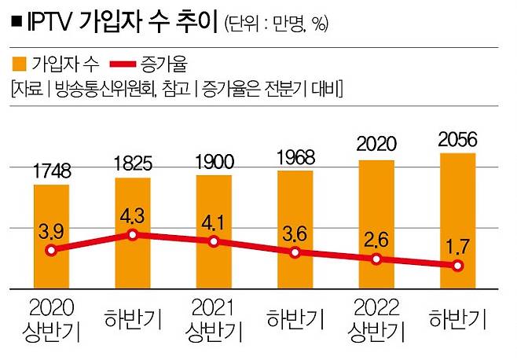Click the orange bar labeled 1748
[51, 236]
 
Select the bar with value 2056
[460, 220]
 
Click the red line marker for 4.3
[133, 235]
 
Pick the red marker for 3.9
[51, 251]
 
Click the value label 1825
[133, 166]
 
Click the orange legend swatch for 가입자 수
[20, 62]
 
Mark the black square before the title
[16, 23]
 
